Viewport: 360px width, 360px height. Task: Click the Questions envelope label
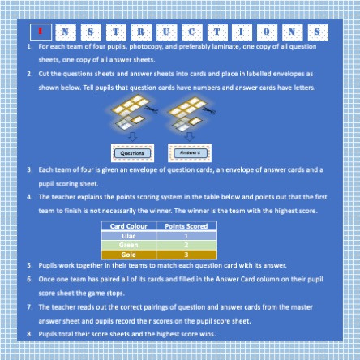(132, 151)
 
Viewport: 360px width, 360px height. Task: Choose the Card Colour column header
(128, 227)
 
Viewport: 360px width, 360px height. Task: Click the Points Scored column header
(186, 227)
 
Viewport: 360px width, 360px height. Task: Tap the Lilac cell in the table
(128, 235)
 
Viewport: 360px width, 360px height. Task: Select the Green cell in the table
(128, 244)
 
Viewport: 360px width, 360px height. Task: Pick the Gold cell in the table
(128, 254)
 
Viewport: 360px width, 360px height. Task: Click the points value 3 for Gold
(186, 254)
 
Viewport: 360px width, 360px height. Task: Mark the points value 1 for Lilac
(186, 235)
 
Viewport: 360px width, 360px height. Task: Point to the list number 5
(30, 265)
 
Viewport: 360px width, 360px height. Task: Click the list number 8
(30, 332)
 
